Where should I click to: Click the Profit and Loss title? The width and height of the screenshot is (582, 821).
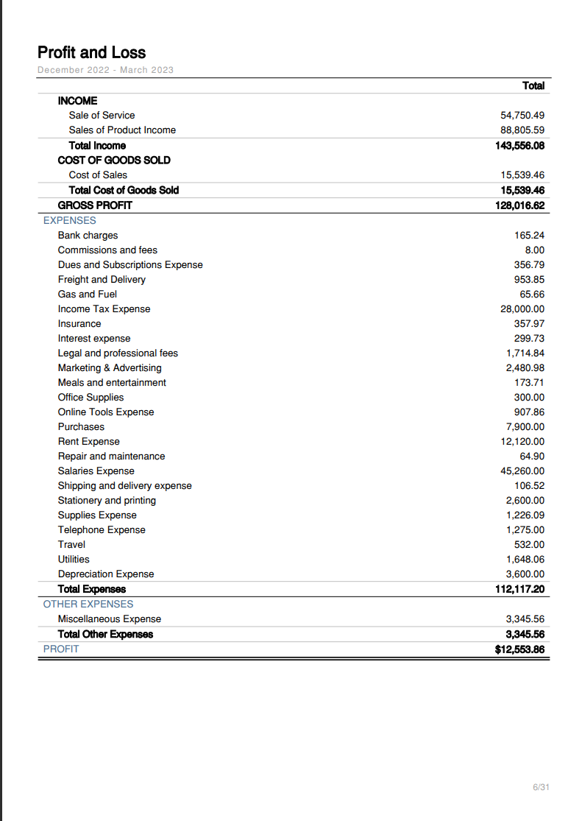tap(91, 52)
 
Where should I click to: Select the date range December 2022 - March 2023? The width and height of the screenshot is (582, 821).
tap(105, 70)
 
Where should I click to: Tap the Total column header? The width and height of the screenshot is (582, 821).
tap(533, 85)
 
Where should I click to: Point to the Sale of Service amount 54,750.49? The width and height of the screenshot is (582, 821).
tap(522, 116)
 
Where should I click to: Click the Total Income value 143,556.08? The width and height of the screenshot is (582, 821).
tap(520, 146)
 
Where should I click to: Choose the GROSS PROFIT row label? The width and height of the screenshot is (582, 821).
tap(95, 205)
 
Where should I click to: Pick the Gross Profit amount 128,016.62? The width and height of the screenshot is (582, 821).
tap(520, 205)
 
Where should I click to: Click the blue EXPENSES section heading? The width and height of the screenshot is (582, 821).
tap(69, 220)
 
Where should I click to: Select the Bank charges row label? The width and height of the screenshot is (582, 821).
tap(88, 236)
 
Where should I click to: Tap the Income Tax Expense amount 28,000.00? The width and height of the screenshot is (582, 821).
tap(522, 309)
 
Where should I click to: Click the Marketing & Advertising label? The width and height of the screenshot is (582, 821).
tap(110, 368)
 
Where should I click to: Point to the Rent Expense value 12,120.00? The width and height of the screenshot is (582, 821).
tap(522, 442)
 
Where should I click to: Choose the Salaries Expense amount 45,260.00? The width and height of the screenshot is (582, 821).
tap(522, 471)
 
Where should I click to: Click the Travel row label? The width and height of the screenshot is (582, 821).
tap(71, 545)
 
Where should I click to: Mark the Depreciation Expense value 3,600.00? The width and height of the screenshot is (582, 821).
tap(525, 574)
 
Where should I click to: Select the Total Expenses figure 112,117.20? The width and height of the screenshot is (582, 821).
tap(520, 589)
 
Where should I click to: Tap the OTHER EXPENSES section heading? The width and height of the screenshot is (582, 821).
tap(88, 604)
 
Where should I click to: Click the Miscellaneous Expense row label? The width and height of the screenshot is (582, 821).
tap(109, 619)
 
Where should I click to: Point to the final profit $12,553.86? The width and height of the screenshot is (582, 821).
tap(520, 649)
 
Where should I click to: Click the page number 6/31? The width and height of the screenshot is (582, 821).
tap(541, 788)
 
